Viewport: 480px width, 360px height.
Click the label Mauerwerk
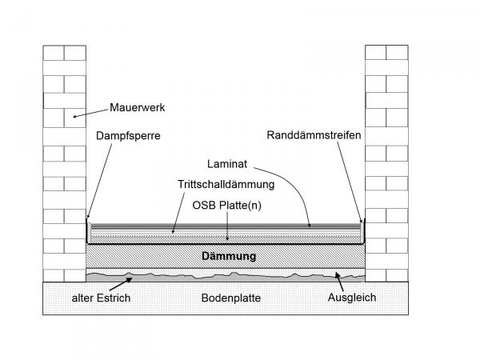tap(137, 107)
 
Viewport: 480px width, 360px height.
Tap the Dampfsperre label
tap(128, 136)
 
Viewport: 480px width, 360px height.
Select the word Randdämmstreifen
tap(314, 135)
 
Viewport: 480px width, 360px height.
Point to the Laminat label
tap(227, 164)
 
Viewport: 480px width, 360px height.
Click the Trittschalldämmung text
tap(226, 184)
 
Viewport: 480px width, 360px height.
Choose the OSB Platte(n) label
tap(227, 205)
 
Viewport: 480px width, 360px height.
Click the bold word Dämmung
tap(229, 256)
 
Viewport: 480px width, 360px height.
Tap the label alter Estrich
tap(101, 298)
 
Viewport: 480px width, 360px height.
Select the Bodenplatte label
tap(231, 298)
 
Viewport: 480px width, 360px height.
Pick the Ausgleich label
tap(352, 298)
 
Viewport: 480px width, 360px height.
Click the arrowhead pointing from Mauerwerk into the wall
tap(75, 116)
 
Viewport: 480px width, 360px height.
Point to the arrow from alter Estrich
tap(121, 284)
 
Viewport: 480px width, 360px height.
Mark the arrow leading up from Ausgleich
tap(339, 282)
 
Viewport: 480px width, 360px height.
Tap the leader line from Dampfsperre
tap(99, 181)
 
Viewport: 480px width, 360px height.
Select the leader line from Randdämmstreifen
tap(350, 182)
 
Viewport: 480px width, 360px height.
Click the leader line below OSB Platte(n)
tap(227, 226)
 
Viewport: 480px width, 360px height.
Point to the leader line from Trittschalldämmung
tap(178, 213)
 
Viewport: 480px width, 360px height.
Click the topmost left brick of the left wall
tap(54, 53)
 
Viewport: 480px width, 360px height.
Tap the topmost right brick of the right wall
tap(397, 53)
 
